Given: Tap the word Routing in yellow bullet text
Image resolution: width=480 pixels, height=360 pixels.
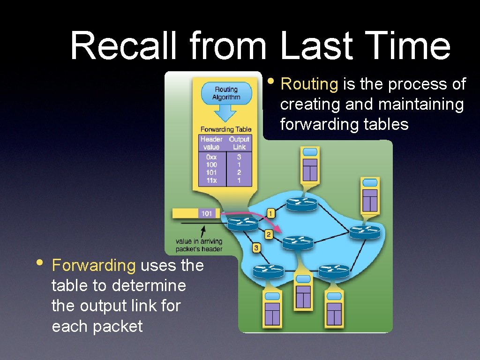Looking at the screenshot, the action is [309, 84].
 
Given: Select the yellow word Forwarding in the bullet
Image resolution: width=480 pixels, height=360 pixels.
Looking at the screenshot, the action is [94, 265].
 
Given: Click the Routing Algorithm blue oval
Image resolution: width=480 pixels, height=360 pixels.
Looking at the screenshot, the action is [226, 93].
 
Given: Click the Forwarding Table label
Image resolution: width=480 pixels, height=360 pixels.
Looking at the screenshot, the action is [226, 129].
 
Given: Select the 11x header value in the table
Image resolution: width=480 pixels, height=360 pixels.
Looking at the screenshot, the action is [211, 180].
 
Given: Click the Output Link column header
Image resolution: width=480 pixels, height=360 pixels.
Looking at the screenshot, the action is [239, 143].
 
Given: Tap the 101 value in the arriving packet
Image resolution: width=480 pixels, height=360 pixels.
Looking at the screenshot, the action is [207, 213].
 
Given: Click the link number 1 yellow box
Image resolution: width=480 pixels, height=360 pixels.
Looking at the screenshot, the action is [271, 213].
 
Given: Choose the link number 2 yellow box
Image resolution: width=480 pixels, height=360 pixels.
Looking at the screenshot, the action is [269, 234].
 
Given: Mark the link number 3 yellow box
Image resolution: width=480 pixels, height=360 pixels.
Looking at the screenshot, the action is [256, 247].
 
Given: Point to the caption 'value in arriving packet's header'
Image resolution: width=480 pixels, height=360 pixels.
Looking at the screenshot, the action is [199, 245].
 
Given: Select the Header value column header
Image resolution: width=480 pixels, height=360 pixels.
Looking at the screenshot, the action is [211, 143].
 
